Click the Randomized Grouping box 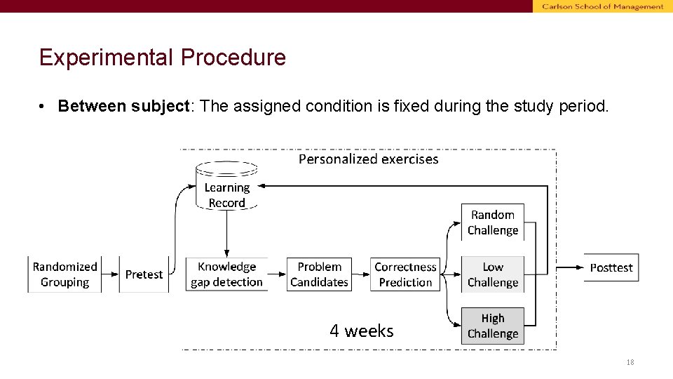[x=64, y=274]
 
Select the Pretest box [x=144, y=274]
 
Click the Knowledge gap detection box [x=226, y=274]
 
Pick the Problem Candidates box [x=319, y=274]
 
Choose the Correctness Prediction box [x=405, y=274]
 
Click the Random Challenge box [x=493, y=222]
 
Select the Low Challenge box [x=493, y=274]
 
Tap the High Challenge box [x=493, y=326]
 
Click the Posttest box [x=611, y=267]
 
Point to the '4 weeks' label [x=362, y=331]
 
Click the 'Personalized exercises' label [x=368, y=159]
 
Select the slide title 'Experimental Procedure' [x=163, y=58]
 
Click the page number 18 [x=630, y=362]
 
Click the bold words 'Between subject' [x=123, y=106]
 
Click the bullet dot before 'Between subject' [x=43, y=107]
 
